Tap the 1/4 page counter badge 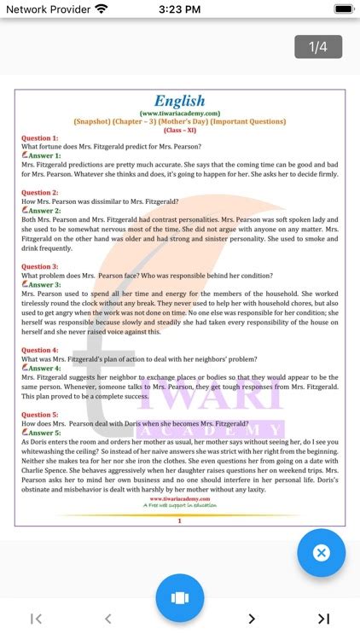[318, 47]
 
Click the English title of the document [179, 101]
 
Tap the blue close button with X [321, 553]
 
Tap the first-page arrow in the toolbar [36, 619]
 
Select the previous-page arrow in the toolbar [107, 619]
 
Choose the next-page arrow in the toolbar [252, 619]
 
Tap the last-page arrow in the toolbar [323, 619]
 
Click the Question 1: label [39, 137]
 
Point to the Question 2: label [39, 193]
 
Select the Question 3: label [39, 266]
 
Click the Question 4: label [39, 350]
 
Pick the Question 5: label [39, 414]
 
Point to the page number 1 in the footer [179, 520]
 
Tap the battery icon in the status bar [344, 9]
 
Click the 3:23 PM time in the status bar [179, 9]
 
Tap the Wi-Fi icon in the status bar [102, 9]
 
